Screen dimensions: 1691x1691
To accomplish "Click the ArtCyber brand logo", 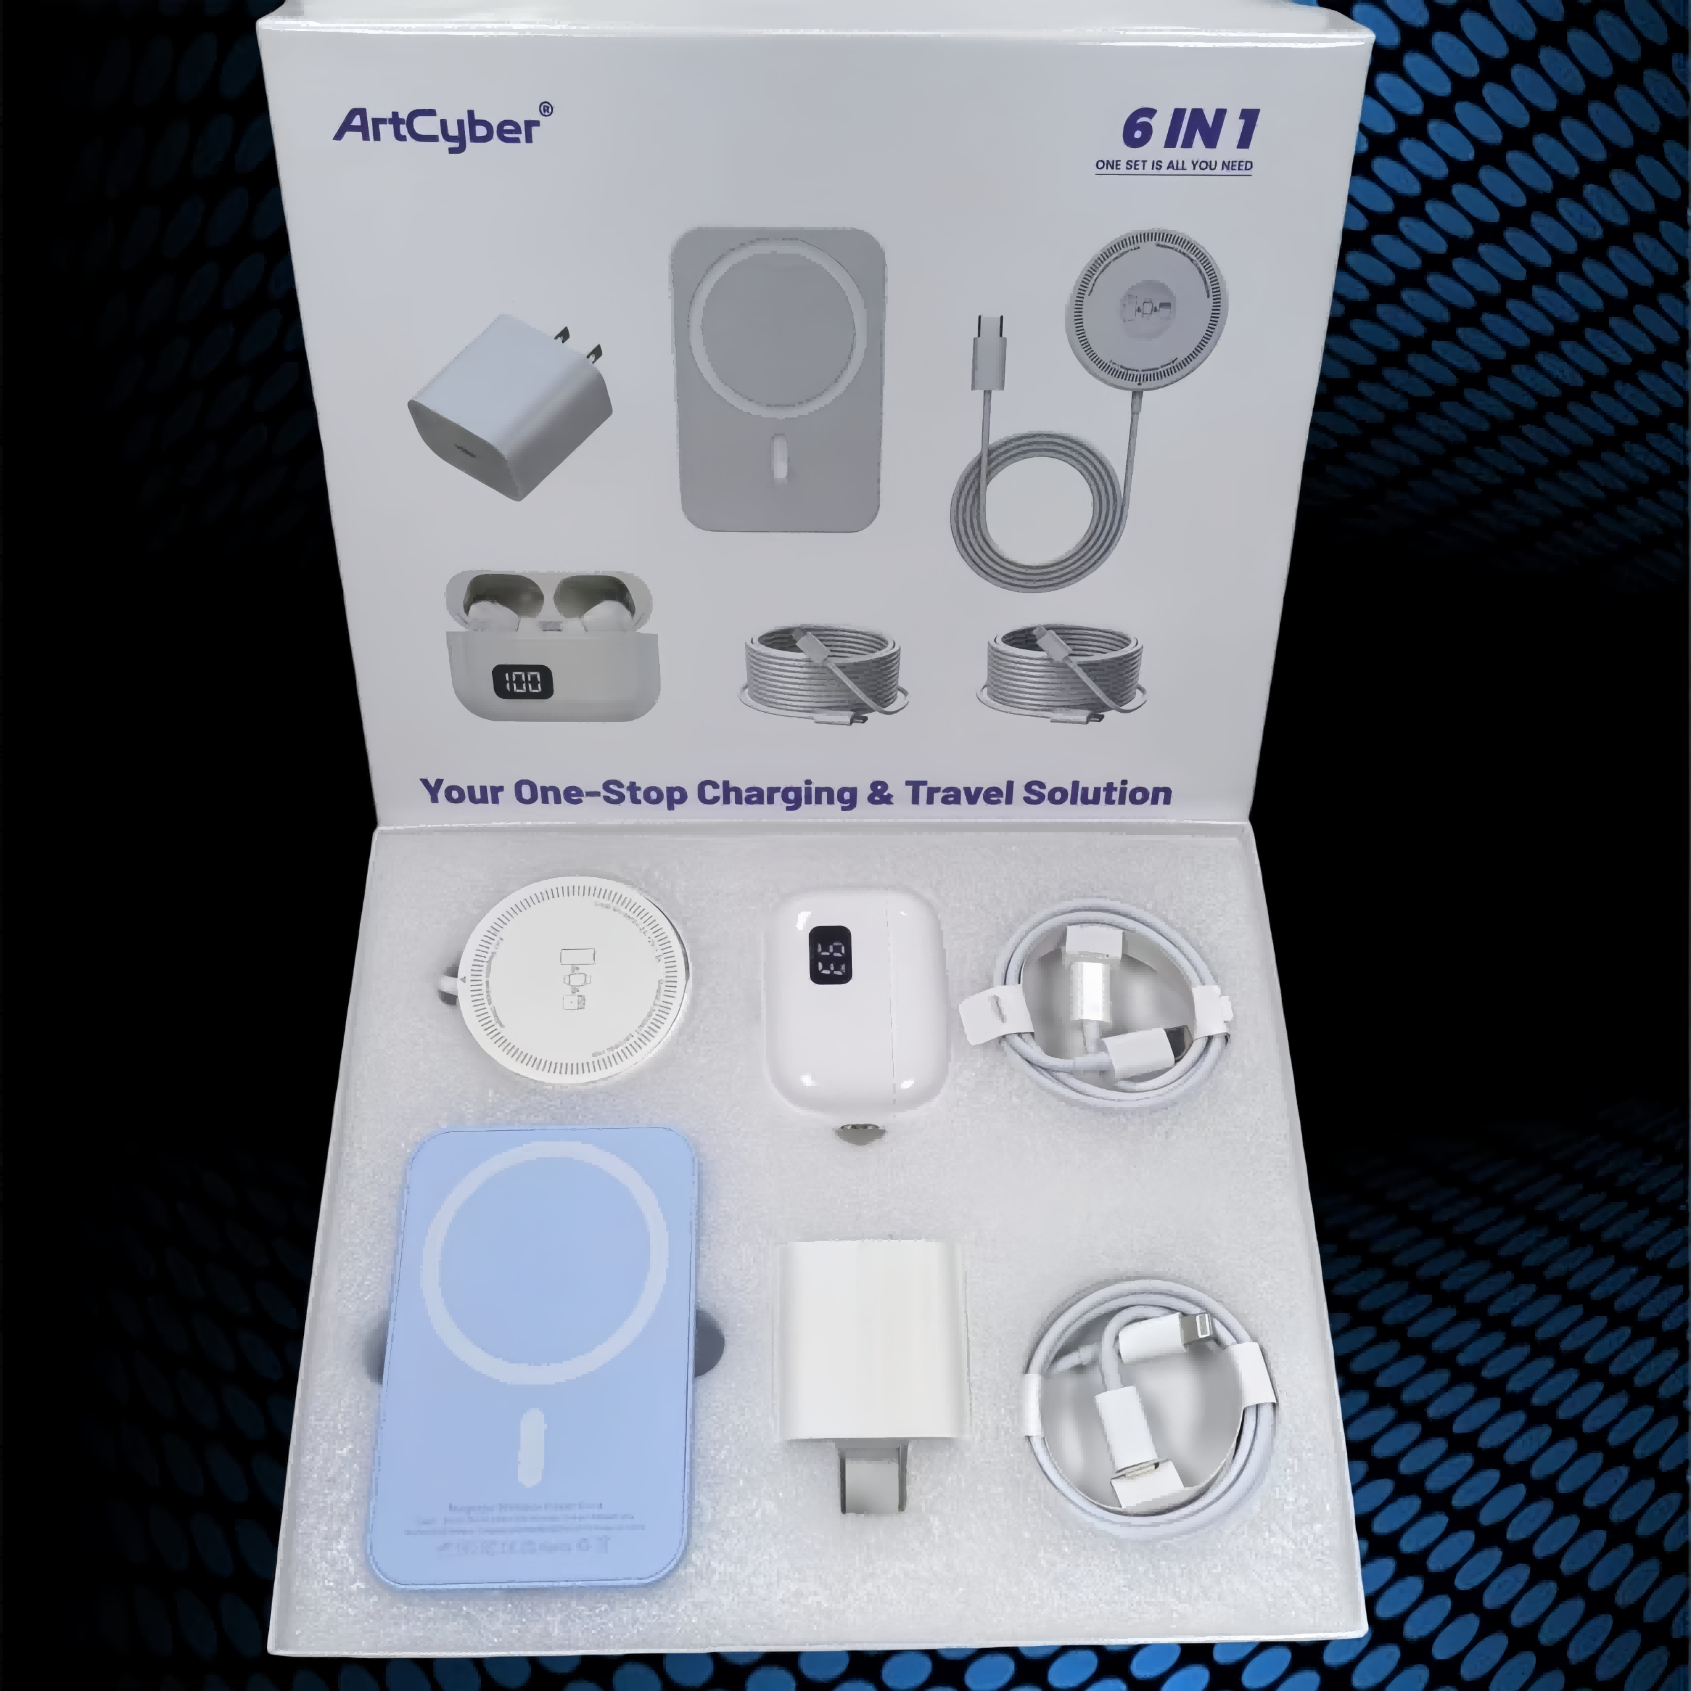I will [x=442, y=127].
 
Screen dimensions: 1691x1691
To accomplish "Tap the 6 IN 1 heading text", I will [x=1190, y=129].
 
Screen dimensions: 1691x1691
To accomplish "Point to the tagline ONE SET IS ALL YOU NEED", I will [x=1173, y=165].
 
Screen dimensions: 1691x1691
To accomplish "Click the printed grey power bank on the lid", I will [x=777, y=379].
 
